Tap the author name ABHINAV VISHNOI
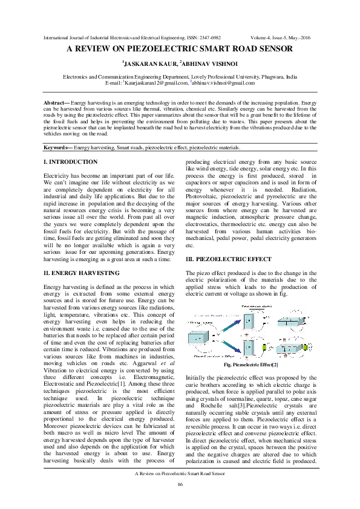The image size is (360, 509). (211, 63)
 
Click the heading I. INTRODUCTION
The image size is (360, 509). (71, 162)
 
